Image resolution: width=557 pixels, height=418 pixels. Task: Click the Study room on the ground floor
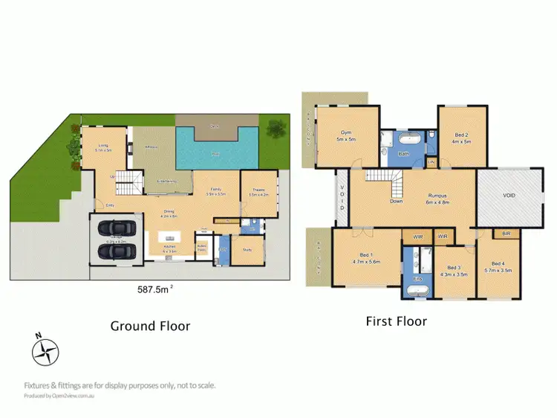point(247,250)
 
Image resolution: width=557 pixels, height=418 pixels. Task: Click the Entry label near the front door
point(109,205)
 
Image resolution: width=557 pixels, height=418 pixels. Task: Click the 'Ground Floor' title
point(150,326)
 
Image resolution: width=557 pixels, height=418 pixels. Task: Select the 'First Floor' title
point(396,321)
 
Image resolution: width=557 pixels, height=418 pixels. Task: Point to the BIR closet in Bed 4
point(506,234)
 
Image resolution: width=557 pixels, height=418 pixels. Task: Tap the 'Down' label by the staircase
point(395,201)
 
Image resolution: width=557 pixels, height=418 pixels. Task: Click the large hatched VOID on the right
point(509,196)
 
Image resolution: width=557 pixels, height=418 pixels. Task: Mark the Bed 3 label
point(453,268)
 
